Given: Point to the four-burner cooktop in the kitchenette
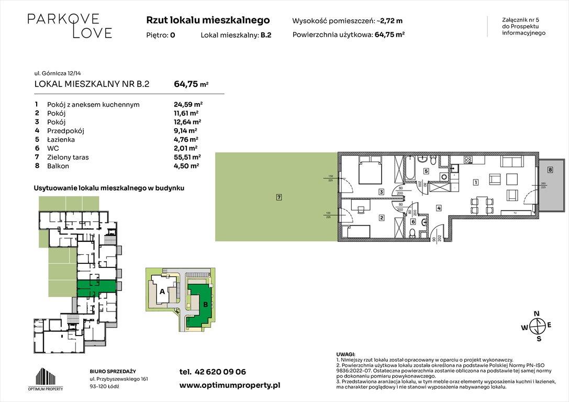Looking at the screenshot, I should pos(467,160).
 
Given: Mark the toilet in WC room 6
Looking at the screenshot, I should pos(413,233).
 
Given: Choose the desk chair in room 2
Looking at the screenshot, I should pos(361,210).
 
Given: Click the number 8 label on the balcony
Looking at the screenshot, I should pos(550,170).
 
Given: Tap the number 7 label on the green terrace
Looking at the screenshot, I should pos(279,197).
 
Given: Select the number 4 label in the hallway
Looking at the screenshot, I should pos(438,208).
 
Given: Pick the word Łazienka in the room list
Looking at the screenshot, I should pos(61,140).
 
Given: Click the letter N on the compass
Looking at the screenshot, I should pos(536,314).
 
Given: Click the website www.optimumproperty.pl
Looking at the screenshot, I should pos(230,385).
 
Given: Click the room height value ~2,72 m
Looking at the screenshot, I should pos(391,21).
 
